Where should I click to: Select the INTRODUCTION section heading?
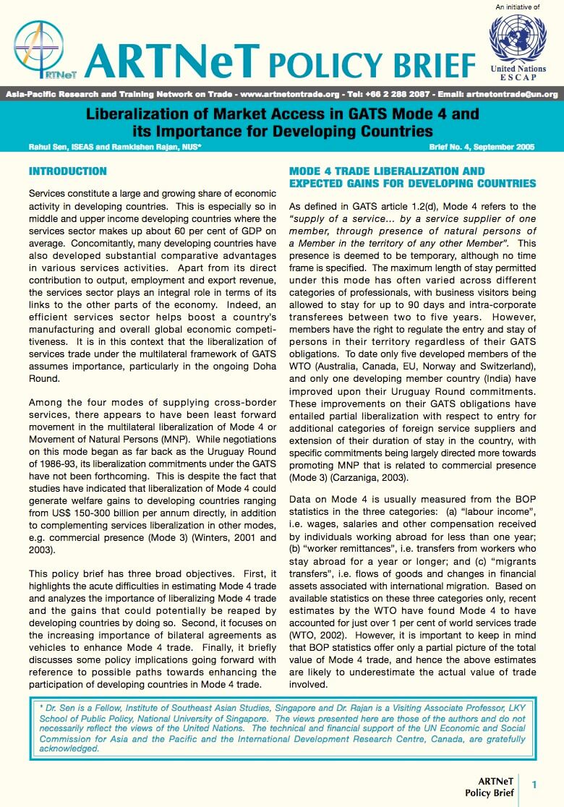(67, 171)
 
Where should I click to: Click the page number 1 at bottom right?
(534, 785)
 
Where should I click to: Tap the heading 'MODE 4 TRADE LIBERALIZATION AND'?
(387, 171)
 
